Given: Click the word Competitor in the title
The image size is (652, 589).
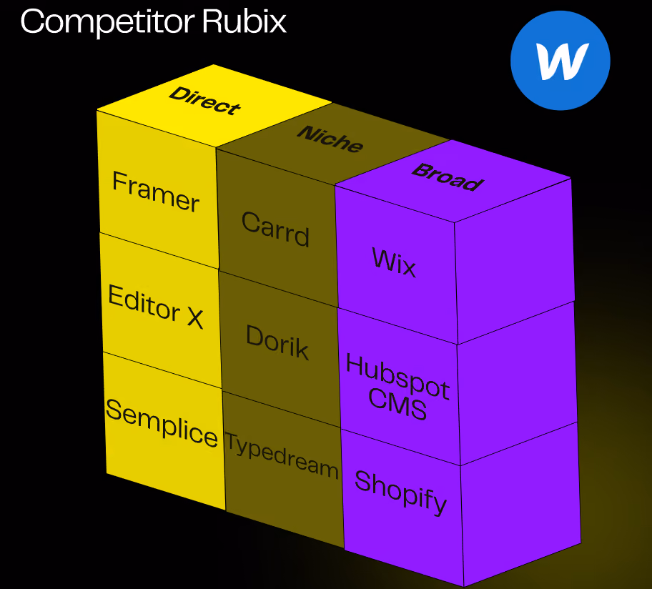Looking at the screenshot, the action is click(x=107, y=22).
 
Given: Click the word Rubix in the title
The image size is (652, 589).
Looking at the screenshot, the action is click(x=244, y=21).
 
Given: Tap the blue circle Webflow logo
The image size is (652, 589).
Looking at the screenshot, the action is click(x=560, y=60).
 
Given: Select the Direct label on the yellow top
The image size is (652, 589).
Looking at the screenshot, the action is click(x=204, y=100).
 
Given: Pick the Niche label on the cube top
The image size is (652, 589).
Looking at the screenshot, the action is click(x=330, y=139).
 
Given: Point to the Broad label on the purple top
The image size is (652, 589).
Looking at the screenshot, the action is click(x=448, y=177).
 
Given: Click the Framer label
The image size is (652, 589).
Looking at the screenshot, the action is click(x=156, y=192).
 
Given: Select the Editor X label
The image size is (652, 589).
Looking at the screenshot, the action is click(x=156, y=307).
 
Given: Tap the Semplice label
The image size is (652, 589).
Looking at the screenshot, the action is click(x=162, y=422).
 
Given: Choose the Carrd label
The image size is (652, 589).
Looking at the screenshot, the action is click(x=275, y=229).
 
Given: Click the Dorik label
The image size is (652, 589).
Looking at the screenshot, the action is click(x=277, y=342).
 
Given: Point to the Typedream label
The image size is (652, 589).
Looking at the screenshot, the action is click(x=282, y=455).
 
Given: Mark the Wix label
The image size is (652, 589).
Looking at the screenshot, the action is click(x=394, y=262).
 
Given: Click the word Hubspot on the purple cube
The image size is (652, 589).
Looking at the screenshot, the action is click(x=397, y=377).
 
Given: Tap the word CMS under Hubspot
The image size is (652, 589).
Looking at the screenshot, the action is click(x=397, y=404).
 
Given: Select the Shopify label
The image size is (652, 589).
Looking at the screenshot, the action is click(x=400, y=493).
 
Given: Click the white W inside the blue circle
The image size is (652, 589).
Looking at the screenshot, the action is click(x=562, y=61).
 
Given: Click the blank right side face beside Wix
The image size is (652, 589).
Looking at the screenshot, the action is click(x=514, y=262).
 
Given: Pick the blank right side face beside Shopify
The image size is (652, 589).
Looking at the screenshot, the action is click(x=520, y=504).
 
